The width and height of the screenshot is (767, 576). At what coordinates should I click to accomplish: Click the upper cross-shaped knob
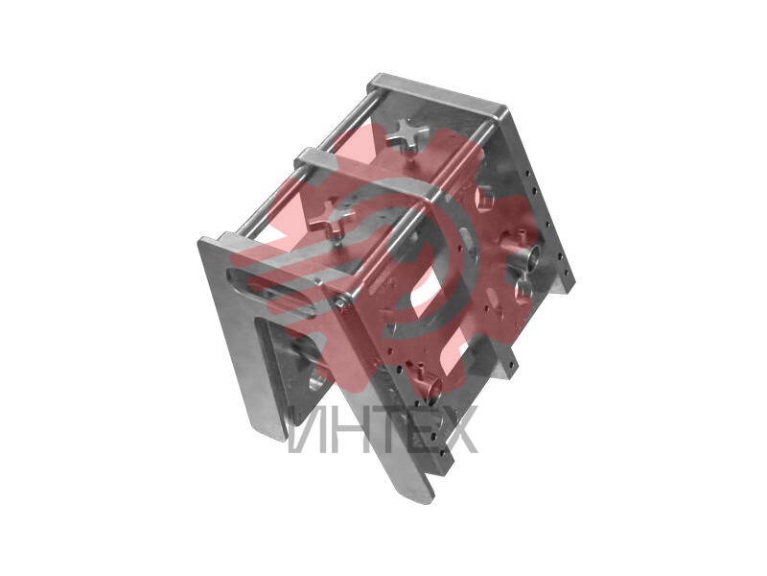(407, 132)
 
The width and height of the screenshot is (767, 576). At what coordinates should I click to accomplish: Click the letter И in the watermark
(305, 430)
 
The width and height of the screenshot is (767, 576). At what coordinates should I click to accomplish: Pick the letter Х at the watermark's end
(457, 430)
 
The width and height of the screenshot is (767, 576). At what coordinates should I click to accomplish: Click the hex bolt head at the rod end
(341, 302)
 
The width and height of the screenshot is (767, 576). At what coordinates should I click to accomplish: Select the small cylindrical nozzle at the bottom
(430, 386)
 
